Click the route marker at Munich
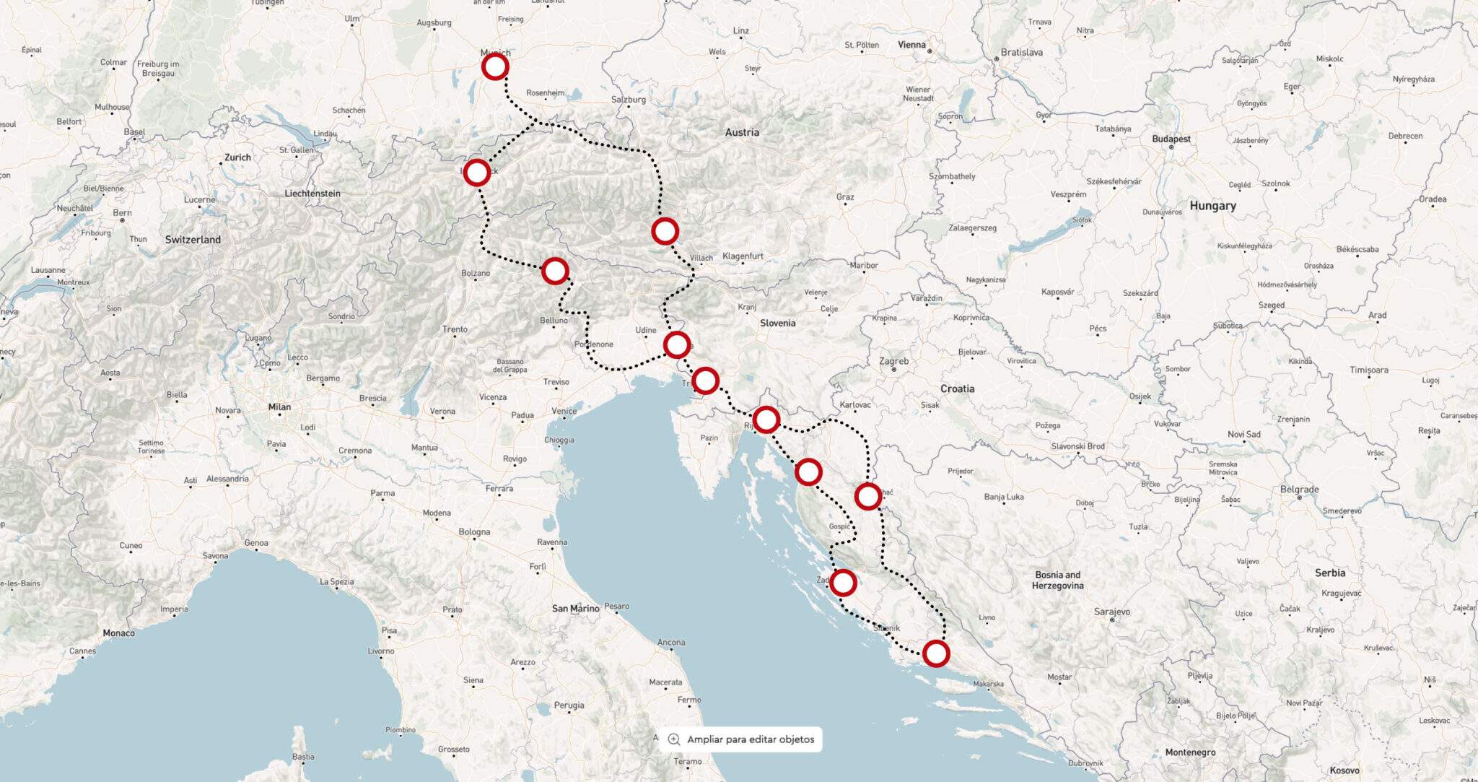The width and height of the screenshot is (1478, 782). click(x=495, y=67)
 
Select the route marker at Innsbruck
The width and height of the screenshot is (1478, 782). click(x=476, y=173)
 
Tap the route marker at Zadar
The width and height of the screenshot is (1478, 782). click(x=843, y=582)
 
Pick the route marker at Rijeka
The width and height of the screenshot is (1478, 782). click(x=766, y=419)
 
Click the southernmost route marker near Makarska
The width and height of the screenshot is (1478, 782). click(x=936, y=653)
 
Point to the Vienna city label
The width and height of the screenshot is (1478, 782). click(x=911, y=45)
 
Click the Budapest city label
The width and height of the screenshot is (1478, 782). click(x=1171, y=139)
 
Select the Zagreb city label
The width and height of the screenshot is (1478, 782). click(x=893, y=361)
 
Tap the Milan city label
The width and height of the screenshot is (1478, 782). click(x=279, y=407)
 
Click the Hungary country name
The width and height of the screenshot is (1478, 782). click(x=1212, y=206)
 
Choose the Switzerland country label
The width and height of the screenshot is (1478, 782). click(x=193, y=240)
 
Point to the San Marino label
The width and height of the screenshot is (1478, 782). click(x=575, y=609)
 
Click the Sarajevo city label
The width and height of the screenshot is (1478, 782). click(x=1111, y=612)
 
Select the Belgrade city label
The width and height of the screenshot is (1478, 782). click(x=1299, y=490)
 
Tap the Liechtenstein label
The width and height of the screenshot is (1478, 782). click(x=312, y=194)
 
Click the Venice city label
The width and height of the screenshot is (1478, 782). click(x=564, y=411)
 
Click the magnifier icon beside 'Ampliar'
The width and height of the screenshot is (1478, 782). click(x=674, y=739)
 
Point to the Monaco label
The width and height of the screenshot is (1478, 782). click(x=118, y=633)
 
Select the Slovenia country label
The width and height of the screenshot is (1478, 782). click(x=777, y=323)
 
